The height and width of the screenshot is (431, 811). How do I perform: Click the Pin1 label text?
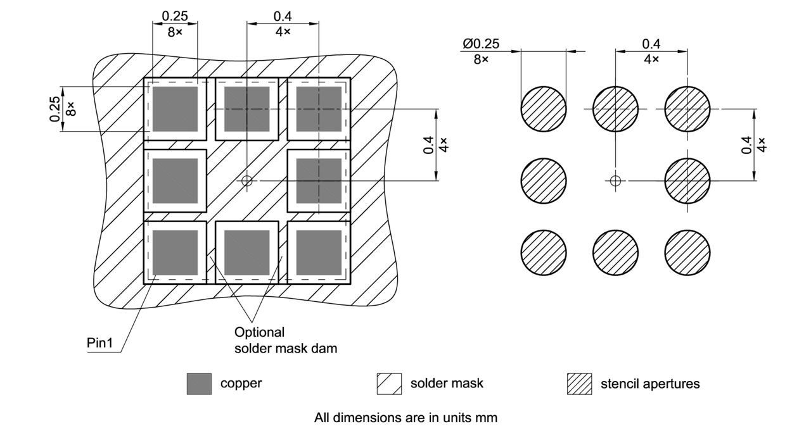(99, 342)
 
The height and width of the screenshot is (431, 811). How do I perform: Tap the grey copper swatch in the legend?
(199, 384)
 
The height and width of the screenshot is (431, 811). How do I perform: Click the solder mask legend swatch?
(389, 384)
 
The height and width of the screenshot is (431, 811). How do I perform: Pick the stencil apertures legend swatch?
(579, 384)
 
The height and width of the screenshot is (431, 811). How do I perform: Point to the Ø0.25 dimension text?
(481, 44)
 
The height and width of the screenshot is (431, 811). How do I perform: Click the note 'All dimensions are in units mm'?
(405, 418)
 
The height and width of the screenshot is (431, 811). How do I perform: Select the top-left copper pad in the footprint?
(176, 109)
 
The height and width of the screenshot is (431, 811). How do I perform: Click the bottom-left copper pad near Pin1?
(176, 253)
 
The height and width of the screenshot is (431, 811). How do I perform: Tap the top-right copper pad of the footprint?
(319, 109)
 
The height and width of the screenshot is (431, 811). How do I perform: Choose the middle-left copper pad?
(176, 181)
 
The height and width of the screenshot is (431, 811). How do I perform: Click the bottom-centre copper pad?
(247, 253)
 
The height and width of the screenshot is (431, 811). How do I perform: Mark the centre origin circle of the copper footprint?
(247, 181)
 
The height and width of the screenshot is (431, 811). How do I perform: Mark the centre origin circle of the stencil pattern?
(614, 181)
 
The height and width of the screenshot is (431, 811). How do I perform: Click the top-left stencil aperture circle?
(543, 109)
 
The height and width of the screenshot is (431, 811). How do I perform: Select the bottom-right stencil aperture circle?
(687, 253)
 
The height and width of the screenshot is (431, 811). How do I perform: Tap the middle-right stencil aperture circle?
(687, 181)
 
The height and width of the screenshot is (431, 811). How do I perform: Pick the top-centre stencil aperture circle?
(615, 109)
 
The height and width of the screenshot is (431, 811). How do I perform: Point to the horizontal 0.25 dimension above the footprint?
(174, 16)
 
